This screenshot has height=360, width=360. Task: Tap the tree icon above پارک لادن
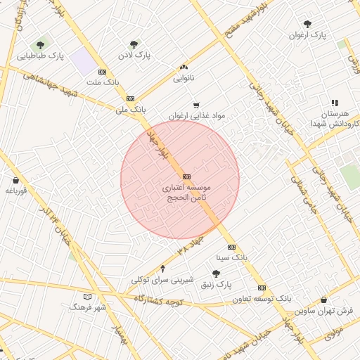pyautogui.click(x=134, y=44)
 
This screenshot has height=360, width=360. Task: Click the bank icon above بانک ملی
pyautogui.click(x=130, y=98)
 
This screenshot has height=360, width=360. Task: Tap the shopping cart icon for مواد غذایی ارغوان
pyautogui.click(x=196, y=105)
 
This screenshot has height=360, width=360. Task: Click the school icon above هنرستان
pyautogui.click(x=335, y=103)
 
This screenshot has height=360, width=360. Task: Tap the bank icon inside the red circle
pyautogui.click(x=186, y=176)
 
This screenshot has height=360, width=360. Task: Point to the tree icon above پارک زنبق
pyautogui.click(x=216, y=274)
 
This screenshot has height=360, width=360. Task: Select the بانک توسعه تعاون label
pyautogui.click(x=263, y=299)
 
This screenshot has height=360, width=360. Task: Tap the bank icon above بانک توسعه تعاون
pyautogui.click(x=262, y=288)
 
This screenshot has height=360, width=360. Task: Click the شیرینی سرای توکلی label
pyautogui.click(x=162, y=279)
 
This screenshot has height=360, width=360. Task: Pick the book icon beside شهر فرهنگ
pyautogui.click(x=87, y=297)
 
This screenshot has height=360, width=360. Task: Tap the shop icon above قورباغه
pyautogui.click(x=15, y=180)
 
